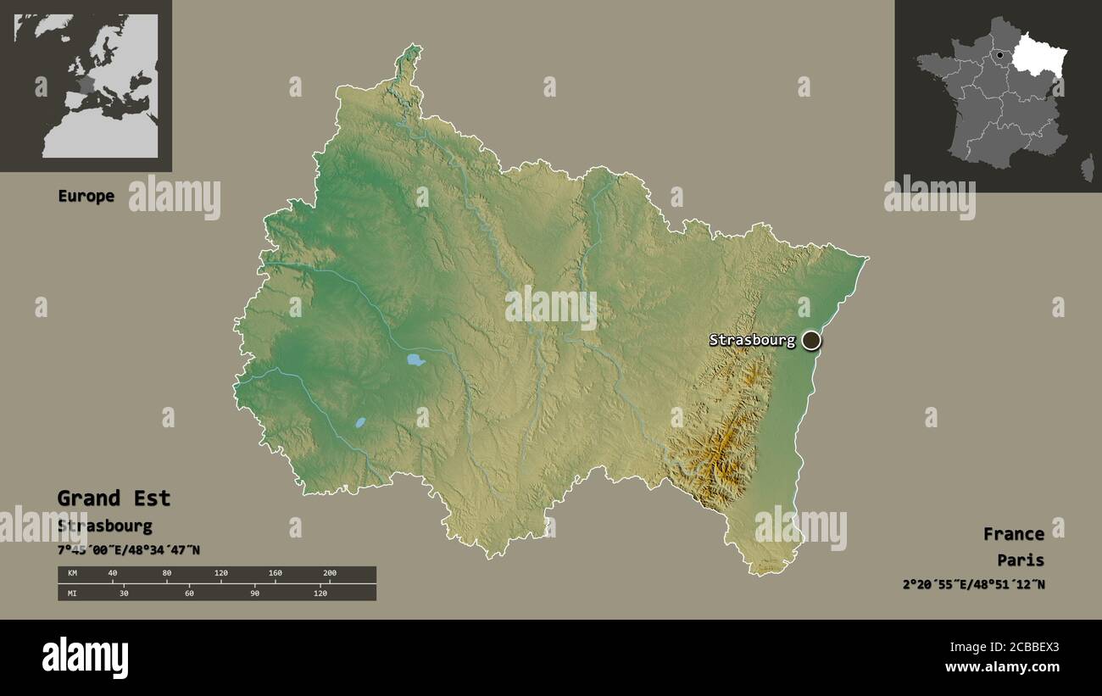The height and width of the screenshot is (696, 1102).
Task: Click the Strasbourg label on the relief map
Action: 752,341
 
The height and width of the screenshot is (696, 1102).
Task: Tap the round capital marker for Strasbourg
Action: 811,341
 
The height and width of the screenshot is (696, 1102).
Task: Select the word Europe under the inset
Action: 86,196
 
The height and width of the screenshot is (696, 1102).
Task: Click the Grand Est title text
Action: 114,498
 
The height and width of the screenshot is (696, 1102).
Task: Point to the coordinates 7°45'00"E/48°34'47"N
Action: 128,549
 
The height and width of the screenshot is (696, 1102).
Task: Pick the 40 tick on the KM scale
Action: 113,574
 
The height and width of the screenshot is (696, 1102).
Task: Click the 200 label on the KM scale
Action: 330,574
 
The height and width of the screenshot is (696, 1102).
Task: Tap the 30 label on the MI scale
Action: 124,593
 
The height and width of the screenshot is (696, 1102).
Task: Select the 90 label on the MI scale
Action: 254,593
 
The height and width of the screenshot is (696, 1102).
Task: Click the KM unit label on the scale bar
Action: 72,574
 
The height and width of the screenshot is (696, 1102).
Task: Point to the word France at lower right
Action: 1013,534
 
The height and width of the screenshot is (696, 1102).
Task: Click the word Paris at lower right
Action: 1021,560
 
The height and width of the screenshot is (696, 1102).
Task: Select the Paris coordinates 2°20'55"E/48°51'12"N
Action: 973,584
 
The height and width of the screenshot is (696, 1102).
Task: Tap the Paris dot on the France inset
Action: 1000,55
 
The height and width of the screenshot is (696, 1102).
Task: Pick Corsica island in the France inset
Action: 1087,167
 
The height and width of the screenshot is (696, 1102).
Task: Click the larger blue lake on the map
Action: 415,359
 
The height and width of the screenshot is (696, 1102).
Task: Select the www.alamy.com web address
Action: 1002,667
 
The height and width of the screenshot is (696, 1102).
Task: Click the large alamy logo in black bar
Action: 85,658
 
